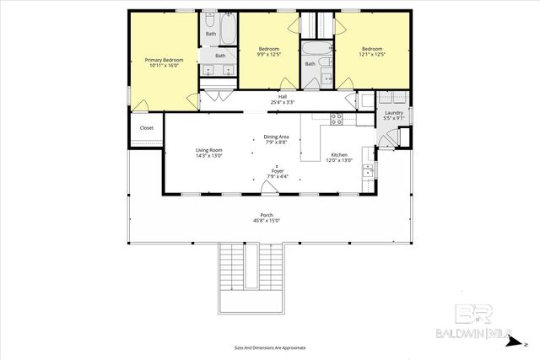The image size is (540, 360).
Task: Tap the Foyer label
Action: pos(277,173)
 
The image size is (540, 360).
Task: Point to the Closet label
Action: pos(147,128)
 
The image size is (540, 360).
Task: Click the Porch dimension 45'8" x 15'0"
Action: pos(266,221)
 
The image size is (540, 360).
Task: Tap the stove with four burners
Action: pos(336,119)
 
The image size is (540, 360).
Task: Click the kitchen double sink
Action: pos(368,172)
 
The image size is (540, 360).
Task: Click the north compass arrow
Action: pos(524,345)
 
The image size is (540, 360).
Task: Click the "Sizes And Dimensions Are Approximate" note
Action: pos(269,347)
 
